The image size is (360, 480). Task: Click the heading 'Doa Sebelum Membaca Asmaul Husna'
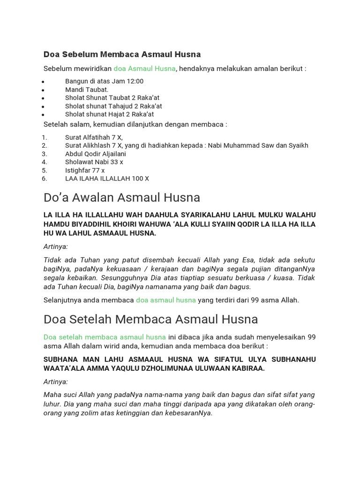[122, 54]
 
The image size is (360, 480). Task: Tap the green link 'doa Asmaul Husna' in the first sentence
[144, 68]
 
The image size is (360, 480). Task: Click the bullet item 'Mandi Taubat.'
[87, 89]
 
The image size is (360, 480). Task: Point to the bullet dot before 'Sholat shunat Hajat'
[43, 114]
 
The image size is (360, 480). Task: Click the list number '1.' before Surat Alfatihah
[45, 137]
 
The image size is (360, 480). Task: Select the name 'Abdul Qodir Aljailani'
[96, 154]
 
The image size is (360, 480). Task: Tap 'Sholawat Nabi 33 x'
[94, 162]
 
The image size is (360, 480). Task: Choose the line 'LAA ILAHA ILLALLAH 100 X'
[107, 178]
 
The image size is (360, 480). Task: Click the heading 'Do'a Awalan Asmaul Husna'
[122, 197]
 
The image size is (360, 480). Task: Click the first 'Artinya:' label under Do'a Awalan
[55, 246]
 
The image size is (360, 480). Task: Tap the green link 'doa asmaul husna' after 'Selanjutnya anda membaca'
[165, 300]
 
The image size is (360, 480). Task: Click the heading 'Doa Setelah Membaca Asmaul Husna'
[150, 320]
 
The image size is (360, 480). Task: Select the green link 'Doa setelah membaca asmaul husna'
[105, 337]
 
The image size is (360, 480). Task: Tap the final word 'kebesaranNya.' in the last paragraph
[191, 413]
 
